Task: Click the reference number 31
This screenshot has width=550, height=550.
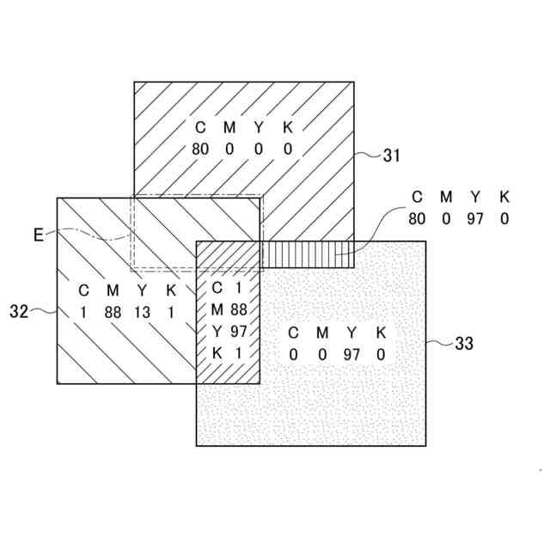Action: tap(391, 156)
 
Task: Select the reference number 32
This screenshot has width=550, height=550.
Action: tap(20, 312)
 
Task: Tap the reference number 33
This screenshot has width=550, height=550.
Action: tap(463, 344)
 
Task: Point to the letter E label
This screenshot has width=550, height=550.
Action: tap(38, 234)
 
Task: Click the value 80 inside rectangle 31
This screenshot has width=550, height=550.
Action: tap(200, 149)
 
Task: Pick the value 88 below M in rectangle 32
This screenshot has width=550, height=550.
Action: tap(113, 312)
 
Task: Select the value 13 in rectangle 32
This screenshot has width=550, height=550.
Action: tap(142, 312)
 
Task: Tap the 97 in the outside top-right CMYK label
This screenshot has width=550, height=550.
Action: tap(474, 218)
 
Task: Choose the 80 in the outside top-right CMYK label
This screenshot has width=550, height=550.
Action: tap(417, 218)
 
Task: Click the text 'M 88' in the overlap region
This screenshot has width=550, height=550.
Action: tap(229, 309)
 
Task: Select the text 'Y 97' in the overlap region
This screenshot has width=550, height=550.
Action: tap(229, 331)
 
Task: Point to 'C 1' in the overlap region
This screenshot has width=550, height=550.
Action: tap(229, 287)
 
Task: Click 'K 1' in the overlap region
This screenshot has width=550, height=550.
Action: tap(229, 352)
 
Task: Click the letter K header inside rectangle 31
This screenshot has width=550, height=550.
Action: tap(288, 127)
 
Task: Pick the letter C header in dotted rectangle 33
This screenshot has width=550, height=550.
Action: tap(293, 333)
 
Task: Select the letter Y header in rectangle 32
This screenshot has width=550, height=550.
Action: tap(142, 290)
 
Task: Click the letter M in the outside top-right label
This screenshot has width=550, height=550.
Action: tap(446, 197)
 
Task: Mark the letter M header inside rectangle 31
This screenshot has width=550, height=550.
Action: tap(229, 127)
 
